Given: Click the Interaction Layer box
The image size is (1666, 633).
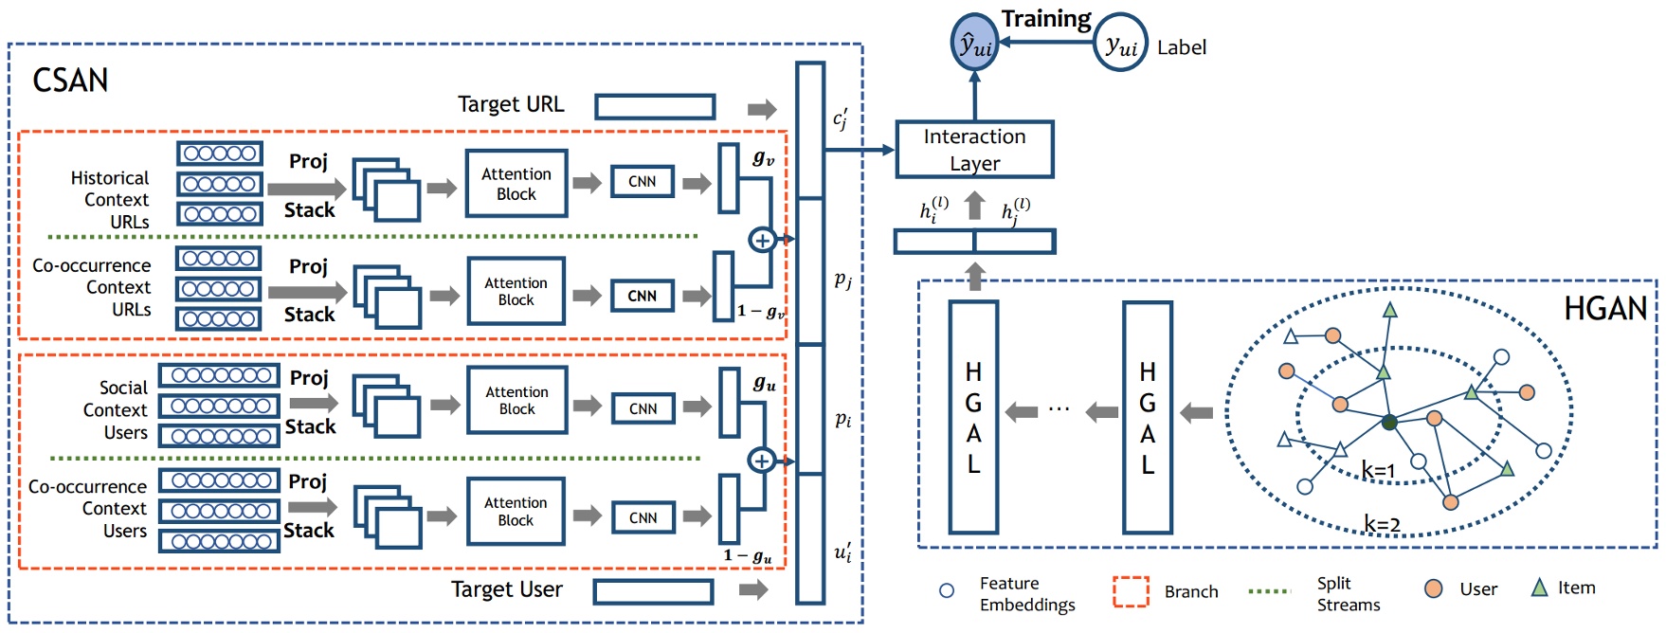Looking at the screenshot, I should pyautogui.click(x=974, y=150).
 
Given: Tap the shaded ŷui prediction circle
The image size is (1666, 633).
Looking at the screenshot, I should pyautogui.click(x=974, y=44).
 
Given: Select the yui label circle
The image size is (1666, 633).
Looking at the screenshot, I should pyautogui.click(x=1120, y=44).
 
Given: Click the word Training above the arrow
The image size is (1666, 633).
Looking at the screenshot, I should pyautogui.click(x=1046, y=19).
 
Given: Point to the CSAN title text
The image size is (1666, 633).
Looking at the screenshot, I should pyautogui.click(x=70, y=81).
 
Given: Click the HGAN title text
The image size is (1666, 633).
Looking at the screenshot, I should pyautogui.click(x=1604, y=308).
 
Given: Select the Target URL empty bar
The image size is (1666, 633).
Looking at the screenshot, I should pyautogui.click(x=655, y=106).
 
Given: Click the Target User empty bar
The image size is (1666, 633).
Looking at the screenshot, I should pyautogui.click(x=653, y=591).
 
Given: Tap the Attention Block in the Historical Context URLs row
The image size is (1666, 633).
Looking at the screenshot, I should pyautogui.click(x=516, y=184).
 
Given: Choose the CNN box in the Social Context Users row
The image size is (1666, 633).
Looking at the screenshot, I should pyautogui.click(x=643, y=408).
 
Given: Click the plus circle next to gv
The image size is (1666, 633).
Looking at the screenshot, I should pyautogui.click(x=762, y=240).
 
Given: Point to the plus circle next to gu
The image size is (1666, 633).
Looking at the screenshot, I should pyautogui.click(x=761, y=461).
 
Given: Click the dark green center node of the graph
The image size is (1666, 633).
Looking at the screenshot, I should pyautogui.click(x=1388, y=423).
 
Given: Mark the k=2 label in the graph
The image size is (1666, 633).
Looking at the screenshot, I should pyautogui.click(x=1382, y=524).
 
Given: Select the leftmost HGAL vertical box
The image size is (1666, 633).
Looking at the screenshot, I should pyautogui.click(x=973, y=417).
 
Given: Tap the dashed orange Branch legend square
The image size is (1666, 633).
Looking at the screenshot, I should pyautogui.click(x=1131, y=591).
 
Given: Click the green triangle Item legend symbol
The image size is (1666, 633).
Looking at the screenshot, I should pyautogui.click(x=1539, y=588).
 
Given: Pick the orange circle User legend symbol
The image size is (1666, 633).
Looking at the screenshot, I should pyautogui.click(x=1433, y=588).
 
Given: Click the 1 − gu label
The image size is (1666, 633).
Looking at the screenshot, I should pyautogui.click(x=747, y=555).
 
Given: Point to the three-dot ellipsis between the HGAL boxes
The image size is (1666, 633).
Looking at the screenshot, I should pyautogui.click(x=1059, y=410).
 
